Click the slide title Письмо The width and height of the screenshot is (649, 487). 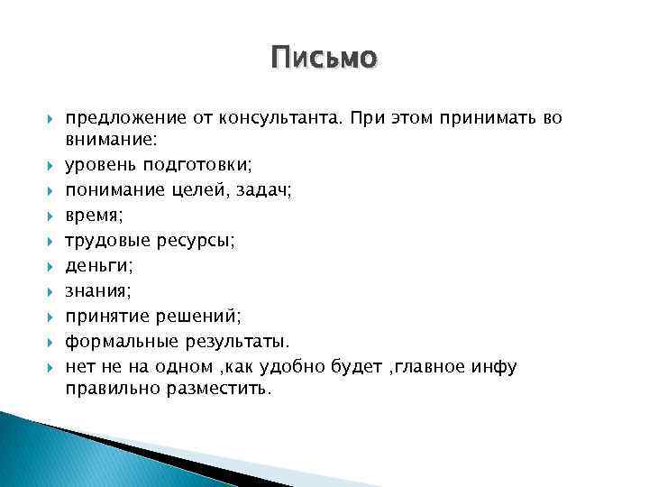tap(324, 60)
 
